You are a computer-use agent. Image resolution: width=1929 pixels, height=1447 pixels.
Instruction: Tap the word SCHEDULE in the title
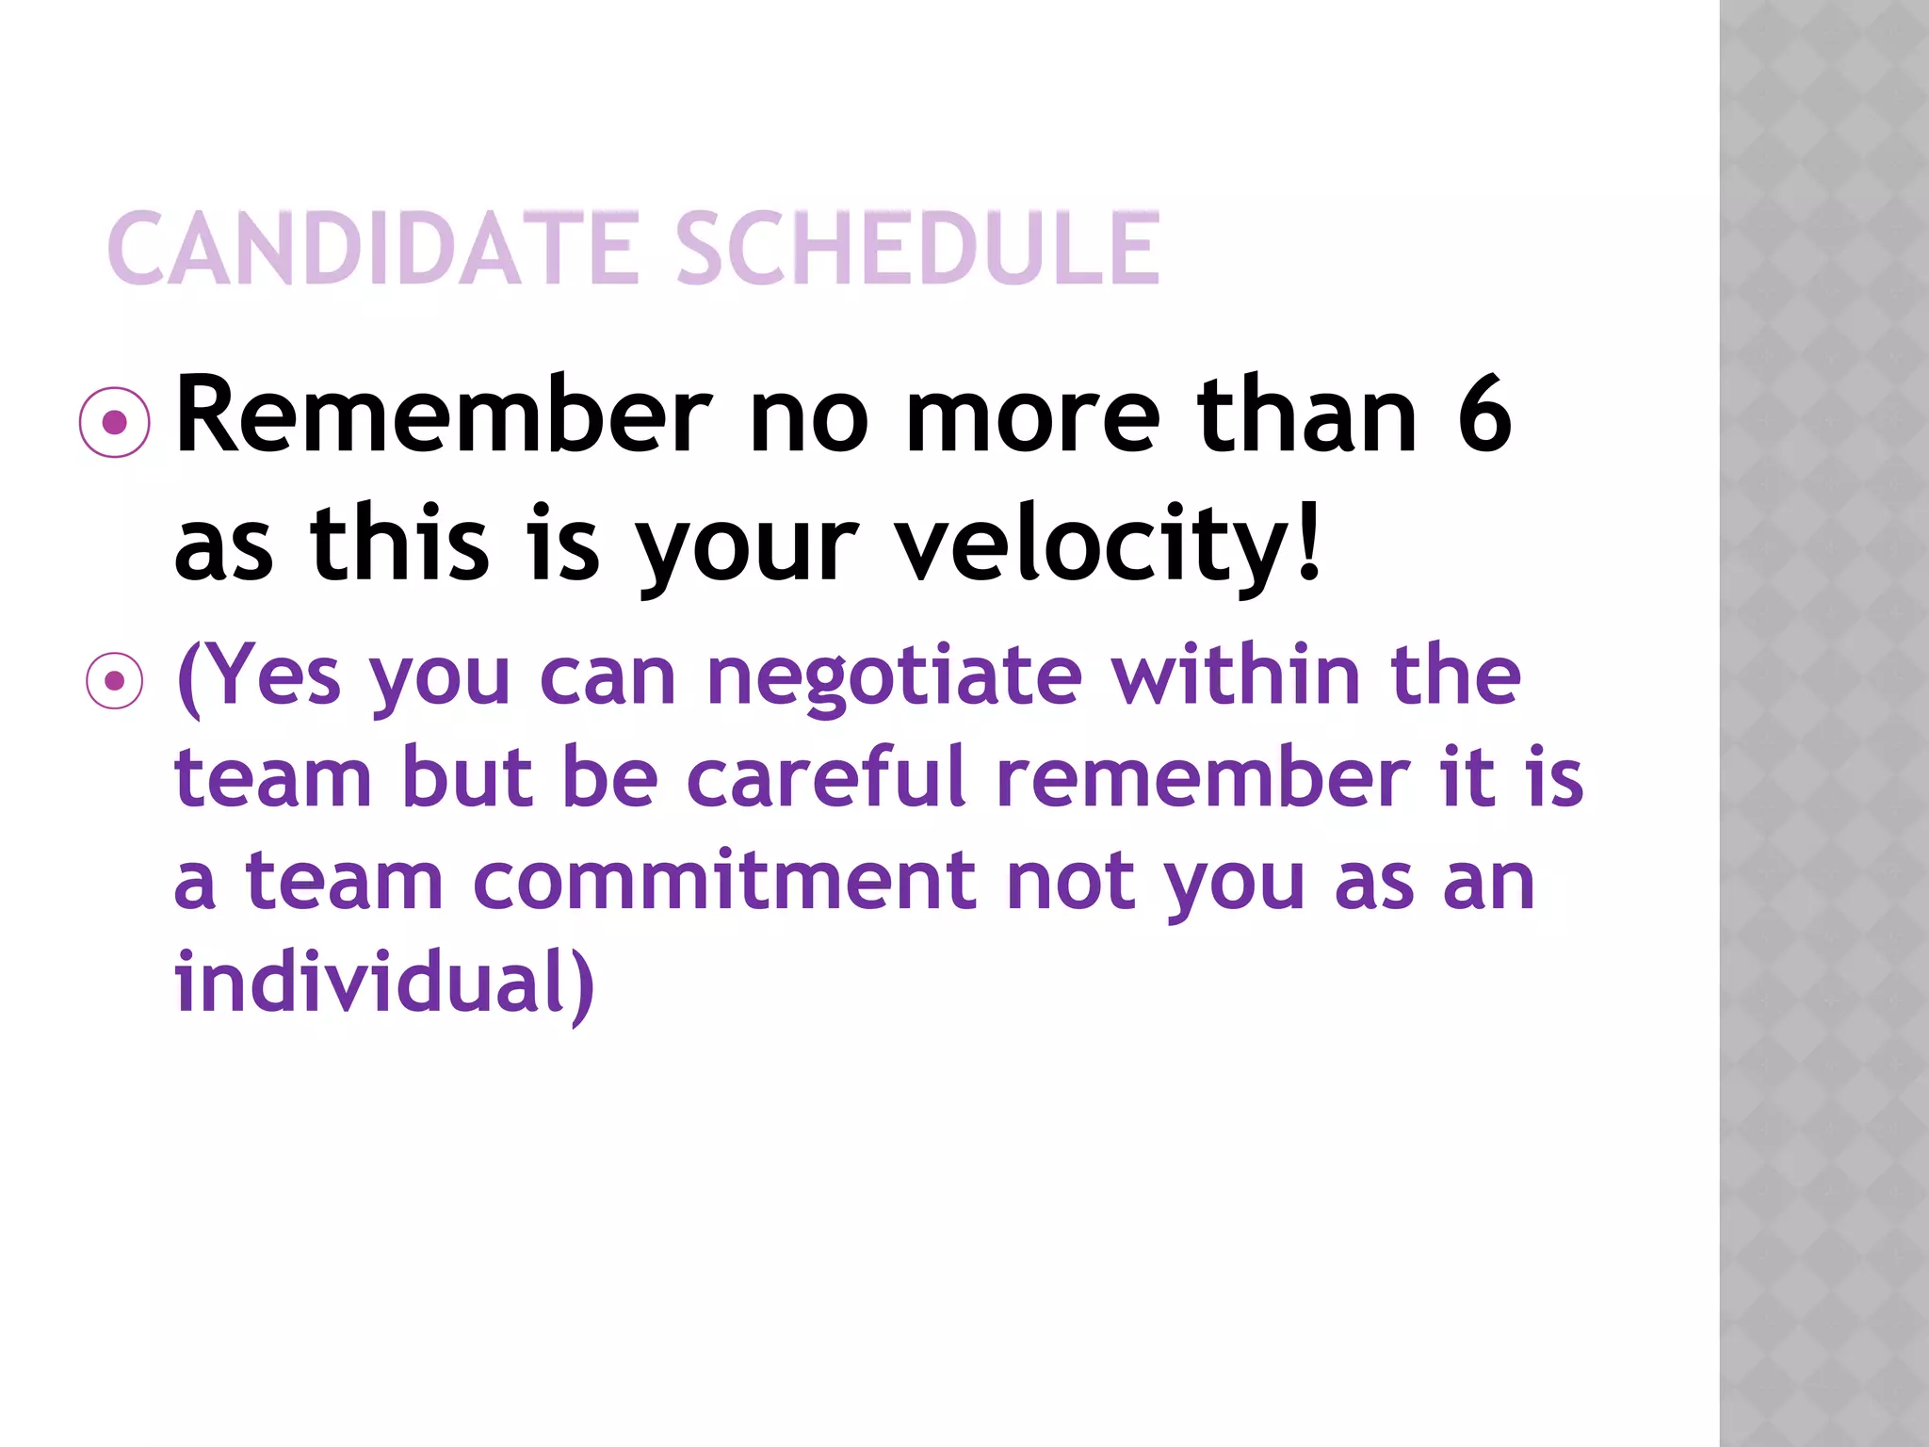click(917, 249)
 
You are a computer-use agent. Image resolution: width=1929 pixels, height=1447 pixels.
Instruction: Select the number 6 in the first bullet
click(1484, 415)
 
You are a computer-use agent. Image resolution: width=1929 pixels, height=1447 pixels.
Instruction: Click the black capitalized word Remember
click(443, 415)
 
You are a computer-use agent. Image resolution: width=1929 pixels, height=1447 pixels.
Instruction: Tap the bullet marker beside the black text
click(115, 423)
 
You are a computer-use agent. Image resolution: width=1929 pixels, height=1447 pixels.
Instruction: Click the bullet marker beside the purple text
click(115, 680)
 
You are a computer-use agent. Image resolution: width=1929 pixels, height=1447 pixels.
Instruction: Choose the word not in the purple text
click(1070, 882)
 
